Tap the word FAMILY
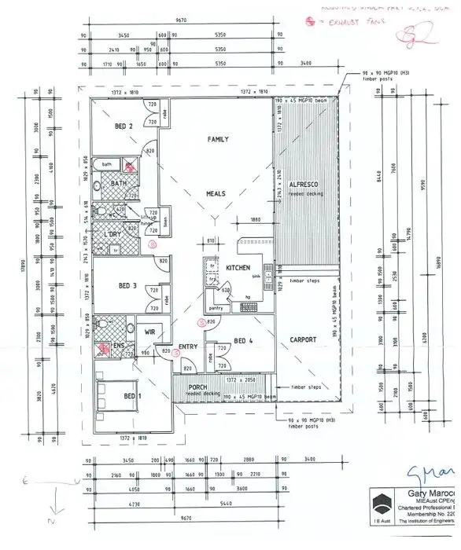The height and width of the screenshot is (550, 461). [x=217, y=140]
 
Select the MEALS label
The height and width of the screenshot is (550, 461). [x=216, y=192]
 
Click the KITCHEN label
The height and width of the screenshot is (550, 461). [x=238, y=269]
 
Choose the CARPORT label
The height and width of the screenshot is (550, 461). [x=301, y=339]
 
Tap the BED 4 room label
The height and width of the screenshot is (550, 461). [x=244, y=340]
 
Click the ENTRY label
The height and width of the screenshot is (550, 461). [x=188, y=346]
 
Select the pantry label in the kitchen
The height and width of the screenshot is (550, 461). [x=215, y=309]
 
